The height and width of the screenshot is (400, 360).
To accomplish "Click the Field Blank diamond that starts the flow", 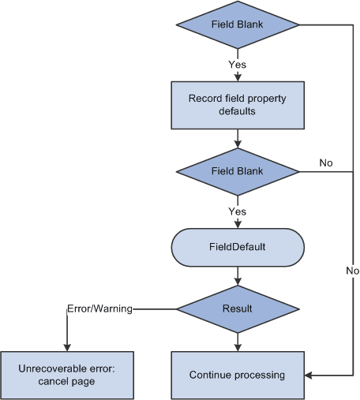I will pyautogui.click(x=238, y=24).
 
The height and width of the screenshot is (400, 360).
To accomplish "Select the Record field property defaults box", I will pyautogui.click(x=238, y=105).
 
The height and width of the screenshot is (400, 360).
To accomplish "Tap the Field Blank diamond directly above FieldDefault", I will pyautogui.click(x=238, y=170).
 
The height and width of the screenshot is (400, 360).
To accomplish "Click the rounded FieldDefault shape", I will pyautogui.click(x=238, y=247).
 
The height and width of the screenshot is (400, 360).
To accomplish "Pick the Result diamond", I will pyautogui.click(x=238, y=308).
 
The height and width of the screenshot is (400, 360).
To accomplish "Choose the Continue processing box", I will pyautogui.click(x=238, y=375).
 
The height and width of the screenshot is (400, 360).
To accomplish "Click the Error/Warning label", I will pyautogui.click(x=99, y=308).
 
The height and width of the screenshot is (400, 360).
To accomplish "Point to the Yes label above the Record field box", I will pyautogui.click(x=238, y=64).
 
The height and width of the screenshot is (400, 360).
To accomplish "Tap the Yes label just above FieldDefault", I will pyautogui.click(x=238, y=211).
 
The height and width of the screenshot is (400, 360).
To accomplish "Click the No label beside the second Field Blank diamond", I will pyautogui.click(x=326, y=163).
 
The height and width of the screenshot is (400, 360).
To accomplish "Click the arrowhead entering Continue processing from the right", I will pyautogui.click(x=308, y=375).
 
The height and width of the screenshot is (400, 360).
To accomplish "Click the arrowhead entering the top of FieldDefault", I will pyautogui.click(x=238, y=223).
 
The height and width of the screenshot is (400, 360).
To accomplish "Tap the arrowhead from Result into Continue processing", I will pyautogui.click(x=238, y=347).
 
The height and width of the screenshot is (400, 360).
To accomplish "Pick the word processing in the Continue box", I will pyautogui.click(x=260, y=375).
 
